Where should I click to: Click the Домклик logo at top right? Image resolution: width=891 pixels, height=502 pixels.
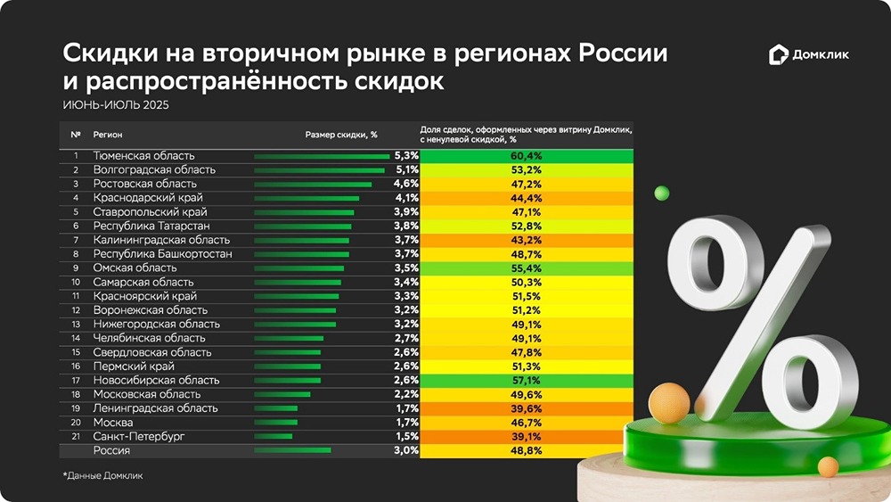[809, 55]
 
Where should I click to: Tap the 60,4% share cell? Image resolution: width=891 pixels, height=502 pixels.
[527, 156]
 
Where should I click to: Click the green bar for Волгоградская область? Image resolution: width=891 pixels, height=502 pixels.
[319, 169]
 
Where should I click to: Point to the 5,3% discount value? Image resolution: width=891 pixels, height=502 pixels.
[406, 156]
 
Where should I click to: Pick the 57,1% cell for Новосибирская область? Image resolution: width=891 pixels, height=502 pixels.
[527, 380]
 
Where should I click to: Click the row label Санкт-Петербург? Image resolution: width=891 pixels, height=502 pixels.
[139, 436]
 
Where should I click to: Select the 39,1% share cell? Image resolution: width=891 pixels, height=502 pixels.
[527, 436]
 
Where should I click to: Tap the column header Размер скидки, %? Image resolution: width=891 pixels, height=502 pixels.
[341, 136]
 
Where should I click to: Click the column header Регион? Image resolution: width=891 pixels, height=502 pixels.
[108, 136]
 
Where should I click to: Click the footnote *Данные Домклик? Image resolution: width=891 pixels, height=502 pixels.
[102, 476]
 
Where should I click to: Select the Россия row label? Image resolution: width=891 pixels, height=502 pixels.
[112, 450]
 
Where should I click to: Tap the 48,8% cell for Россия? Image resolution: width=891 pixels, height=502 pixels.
[527, 450]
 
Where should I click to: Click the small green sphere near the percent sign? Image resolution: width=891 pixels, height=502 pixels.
[661, 193]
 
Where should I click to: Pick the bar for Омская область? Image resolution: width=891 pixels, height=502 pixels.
[298, 267]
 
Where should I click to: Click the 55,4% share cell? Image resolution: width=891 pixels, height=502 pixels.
[527, 267]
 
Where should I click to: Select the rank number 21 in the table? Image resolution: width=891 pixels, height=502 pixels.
[76, 436]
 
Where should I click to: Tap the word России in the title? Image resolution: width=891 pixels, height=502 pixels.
[624, 54]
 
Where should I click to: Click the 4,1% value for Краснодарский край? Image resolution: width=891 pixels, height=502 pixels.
[406, 197]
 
